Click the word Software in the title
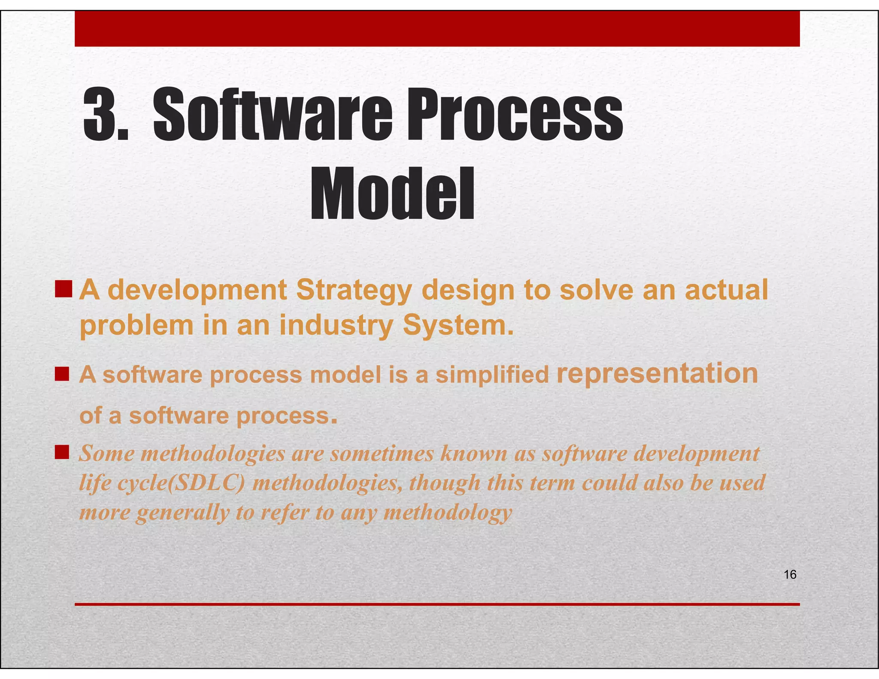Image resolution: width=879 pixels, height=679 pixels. click(x=273, y=115)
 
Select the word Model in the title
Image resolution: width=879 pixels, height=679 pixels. click(x=392, y=194)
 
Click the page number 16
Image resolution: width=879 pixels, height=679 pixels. click(x=790, y=574)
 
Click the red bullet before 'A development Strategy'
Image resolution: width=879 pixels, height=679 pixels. click(x=63, y=289)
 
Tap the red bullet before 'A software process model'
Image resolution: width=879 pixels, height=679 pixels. click(x=62, y=374)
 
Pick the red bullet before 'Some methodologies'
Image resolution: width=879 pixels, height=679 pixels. click(x=62, y=452)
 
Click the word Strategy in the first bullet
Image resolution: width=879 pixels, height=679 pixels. click(x=354, y=291)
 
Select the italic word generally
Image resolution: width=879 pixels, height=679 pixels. click(x=182, y=512)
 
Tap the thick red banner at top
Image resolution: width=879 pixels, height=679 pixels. click(x=437, y=29)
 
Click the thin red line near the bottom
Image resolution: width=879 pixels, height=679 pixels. click(x=437, y=604)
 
